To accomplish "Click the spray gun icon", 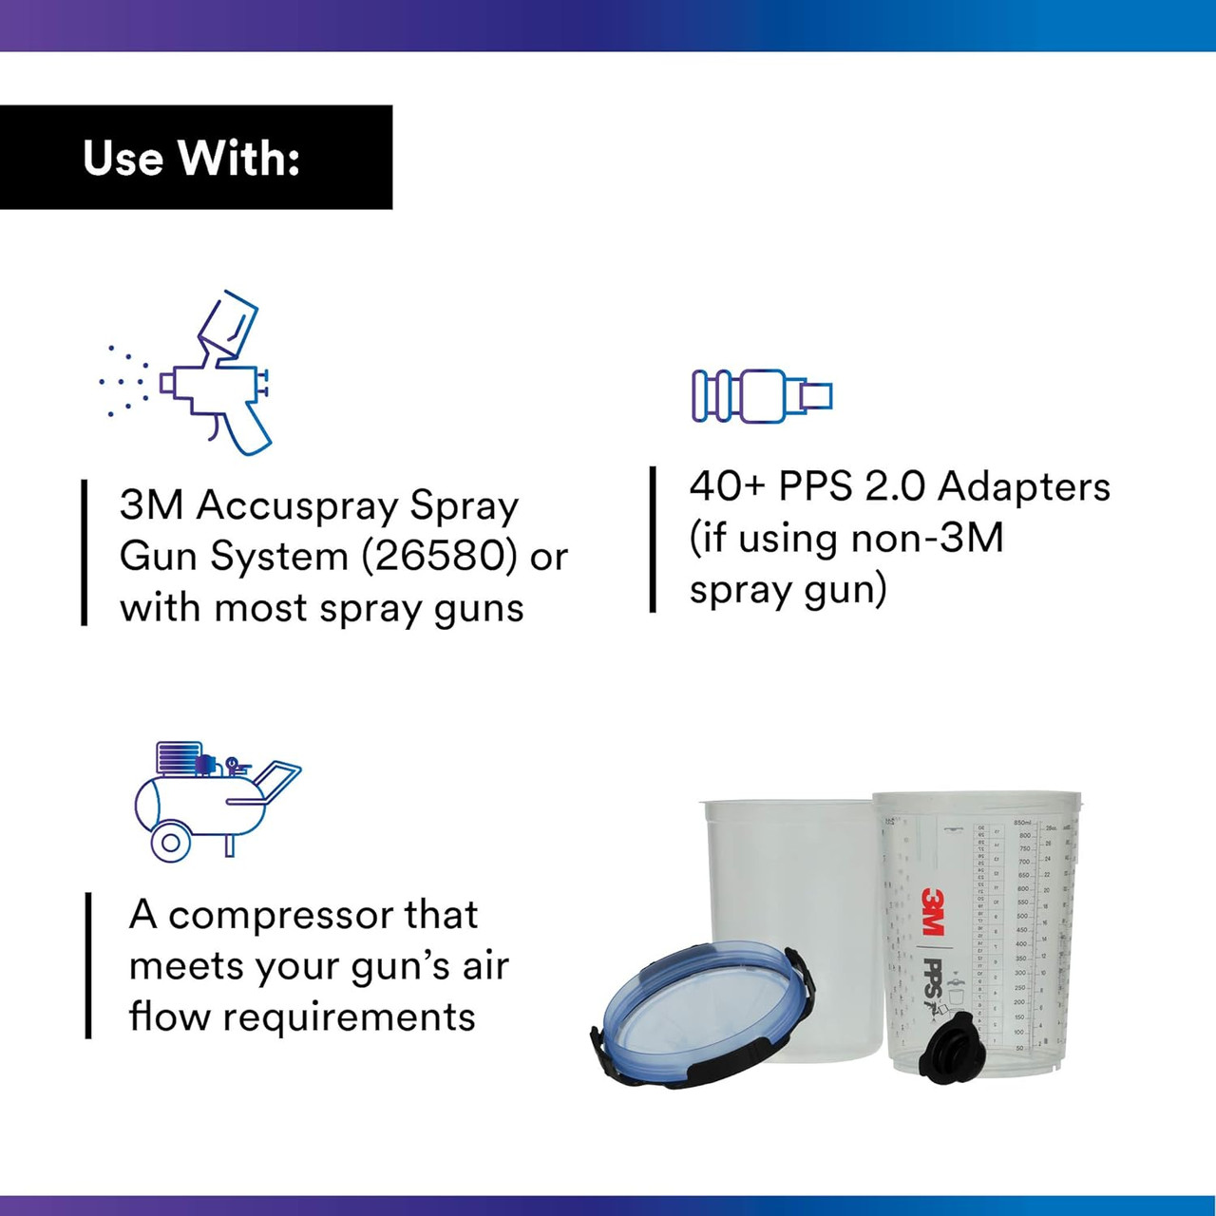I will point(215,375).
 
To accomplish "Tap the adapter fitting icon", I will point(762,395).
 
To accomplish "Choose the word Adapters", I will point(1023,486).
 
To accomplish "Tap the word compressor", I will point(280,916).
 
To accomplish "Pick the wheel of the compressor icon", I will point(171,841).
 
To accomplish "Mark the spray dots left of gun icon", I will point(123,381).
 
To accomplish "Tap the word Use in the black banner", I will point(123,158).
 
